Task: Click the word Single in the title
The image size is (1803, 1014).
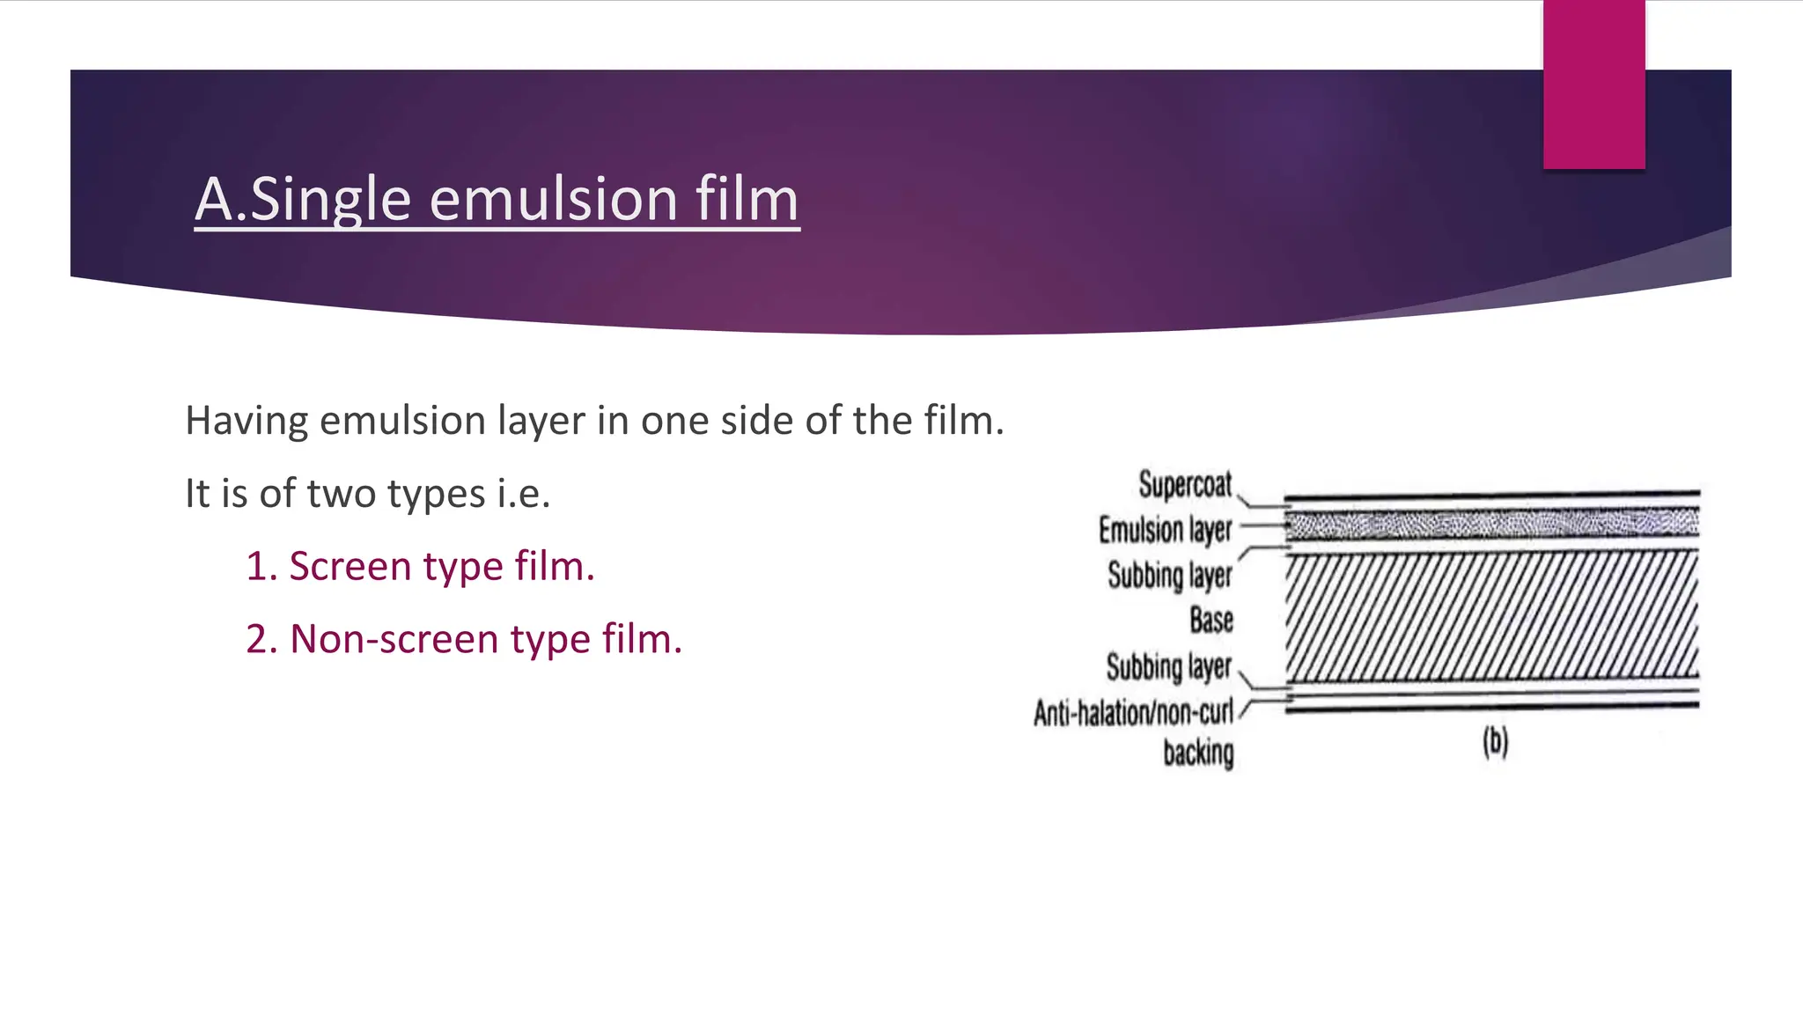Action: [330, 200]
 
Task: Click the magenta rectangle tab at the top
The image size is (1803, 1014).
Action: [1593, 84]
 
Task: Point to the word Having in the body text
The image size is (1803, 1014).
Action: [247, 421]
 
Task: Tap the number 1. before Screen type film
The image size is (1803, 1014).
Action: [261, 566]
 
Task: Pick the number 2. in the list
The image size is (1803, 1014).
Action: [262, 639]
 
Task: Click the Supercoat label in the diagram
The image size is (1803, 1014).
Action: [1185, 485]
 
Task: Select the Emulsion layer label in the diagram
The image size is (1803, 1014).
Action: [1165, 530]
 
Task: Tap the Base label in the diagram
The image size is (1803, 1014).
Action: [1211, 620]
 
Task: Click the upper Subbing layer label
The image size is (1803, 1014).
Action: [1169, 575]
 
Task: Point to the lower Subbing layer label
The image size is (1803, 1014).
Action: [1168, 666]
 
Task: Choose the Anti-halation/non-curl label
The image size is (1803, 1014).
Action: [1133, 712]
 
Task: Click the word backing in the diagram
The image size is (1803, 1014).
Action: [1198, 753]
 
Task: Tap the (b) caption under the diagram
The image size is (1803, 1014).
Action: [1495, 742]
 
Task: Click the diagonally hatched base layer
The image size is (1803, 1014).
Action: [1491, 616]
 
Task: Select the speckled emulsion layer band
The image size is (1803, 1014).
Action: [1491, 525]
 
